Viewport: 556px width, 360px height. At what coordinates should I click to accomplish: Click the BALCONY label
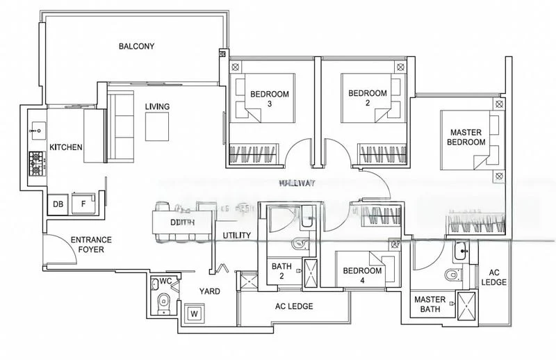136,47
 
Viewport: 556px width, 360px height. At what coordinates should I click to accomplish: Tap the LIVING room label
157,106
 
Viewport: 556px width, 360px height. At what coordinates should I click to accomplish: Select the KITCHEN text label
66,147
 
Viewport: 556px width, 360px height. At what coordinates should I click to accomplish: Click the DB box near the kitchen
58,204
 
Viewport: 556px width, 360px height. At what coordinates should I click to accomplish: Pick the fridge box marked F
83,204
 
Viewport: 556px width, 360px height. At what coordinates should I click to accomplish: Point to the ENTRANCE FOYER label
91,244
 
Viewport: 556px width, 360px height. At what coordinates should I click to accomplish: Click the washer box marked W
194,314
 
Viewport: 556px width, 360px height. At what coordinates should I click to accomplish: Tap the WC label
165,281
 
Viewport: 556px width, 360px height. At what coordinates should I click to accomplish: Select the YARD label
210,292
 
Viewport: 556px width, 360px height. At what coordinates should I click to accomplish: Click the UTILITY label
236,236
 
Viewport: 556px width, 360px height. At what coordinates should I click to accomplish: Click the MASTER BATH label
430,305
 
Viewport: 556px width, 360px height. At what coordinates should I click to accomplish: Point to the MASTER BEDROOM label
467,137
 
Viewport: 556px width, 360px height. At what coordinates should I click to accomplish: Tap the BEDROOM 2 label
367,99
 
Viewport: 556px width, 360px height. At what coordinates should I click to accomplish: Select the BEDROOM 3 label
270,99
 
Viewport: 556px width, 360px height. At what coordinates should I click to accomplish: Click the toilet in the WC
163,301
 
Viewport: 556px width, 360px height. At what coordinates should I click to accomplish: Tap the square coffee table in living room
157,126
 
